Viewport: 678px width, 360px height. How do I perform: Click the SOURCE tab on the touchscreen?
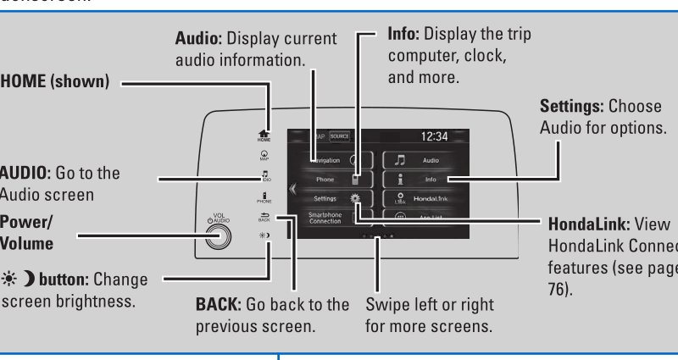point(339,136)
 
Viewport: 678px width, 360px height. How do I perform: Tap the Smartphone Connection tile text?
point(325,219)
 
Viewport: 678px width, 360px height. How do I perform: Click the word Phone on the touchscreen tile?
point(325,179)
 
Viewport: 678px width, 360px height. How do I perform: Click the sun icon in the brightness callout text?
point(7,280)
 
